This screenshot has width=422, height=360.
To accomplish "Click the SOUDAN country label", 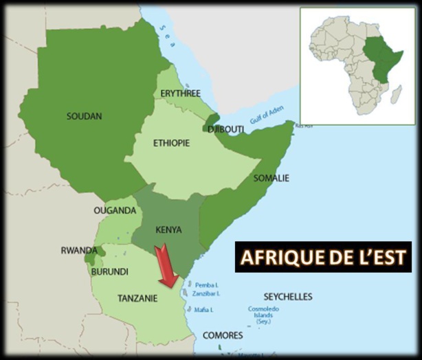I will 85,116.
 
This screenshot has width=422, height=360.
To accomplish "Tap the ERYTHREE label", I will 179,93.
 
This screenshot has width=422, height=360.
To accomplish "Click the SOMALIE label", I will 271,178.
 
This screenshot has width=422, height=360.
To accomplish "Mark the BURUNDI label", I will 109,271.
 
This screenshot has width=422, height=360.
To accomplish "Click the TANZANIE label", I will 137,298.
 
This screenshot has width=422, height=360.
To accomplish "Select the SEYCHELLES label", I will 288,297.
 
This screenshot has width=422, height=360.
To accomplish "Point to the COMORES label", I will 223,335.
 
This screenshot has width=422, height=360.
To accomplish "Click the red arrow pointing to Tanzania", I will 166,268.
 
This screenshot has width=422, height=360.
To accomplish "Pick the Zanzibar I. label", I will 207,293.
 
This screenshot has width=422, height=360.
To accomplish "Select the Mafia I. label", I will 203,310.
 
